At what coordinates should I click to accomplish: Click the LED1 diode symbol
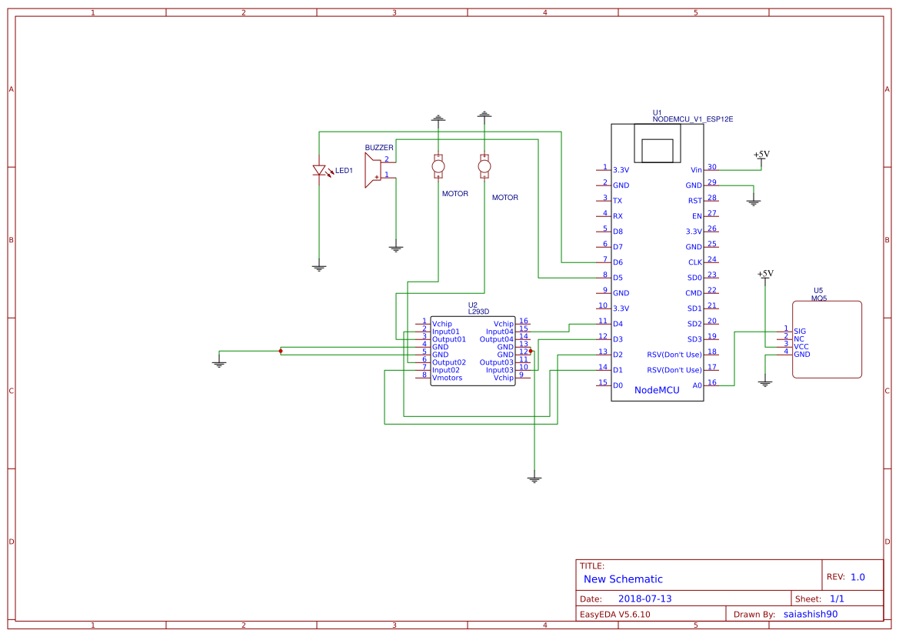coord(319,171)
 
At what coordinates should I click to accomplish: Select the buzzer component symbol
coord(373,169)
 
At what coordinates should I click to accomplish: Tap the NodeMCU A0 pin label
coord(697,385)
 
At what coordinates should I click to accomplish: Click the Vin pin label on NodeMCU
coord(696,170)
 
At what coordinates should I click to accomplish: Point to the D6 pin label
coord(618,262)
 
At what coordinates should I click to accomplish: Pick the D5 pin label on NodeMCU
coord(618,278)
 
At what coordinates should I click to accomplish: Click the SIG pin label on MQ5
coord(800,331)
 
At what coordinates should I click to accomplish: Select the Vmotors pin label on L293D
coord(447,378)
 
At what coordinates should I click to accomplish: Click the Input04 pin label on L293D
coord(499,332)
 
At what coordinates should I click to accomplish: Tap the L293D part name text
coord(478,312)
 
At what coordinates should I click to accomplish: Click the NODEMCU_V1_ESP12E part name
coord(692,119)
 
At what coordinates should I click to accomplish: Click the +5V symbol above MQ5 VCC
coord(764,274)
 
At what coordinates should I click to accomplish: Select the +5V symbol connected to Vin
coord(761,155)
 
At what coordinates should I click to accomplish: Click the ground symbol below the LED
coord(319,267)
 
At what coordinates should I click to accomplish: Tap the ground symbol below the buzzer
coord(395,248)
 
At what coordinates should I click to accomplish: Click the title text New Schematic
coord(623,579)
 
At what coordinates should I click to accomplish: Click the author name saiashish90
coord(810,615)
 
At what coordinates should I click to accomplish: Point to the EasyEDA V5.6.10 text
coord(614,615)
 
